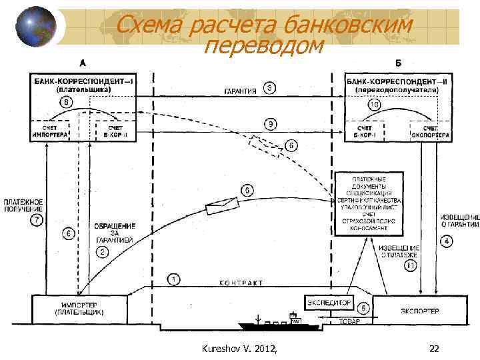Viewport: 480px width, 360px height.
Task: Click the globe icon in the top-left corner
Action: [x=32, y=28]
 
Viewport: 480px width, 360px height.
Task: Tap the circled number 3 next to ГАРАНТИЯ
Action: [x=269, y=88]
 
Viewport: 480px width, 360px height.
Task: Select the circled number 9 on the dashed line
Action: [x=269, y=123]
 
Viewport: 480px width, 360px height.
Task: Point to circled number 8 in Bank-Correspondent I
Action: [x=67, y=101]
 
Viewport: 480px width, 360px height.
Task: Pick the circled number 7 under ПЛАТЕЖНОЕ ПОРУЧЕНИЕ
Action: [x=38, y=219]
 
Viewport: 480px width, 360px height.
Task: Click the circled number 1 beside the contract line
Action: [x=173, y=279]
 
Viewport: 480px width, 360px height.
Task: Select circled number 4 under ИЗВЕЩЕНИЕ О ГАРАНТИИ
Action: [x=447, y=241]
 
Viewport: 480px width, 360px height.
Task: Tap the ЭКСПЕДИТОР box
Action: [x=329, y=302]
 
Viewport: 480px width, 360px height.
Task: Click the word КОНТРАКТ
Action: [x=241, y=283]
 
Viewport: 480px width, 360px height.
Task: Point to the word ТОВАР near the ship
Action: [x=349, y=321]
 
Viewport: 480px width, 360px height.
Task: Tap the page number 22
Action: [x=434, y=349]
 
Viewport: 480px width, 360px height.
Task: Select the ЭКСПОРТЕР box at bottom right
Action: [x=421, y=311]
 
